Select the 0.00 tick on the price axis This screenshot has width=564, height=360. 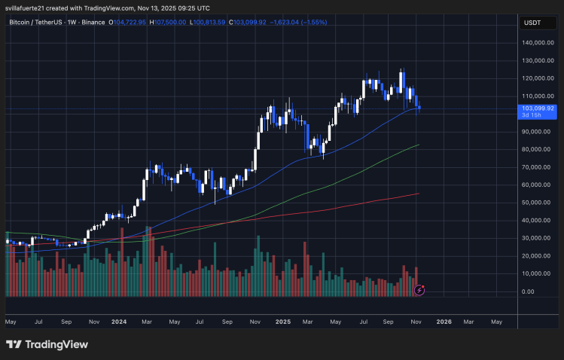point(527,291)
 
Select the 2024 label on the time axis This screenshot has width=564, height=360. point(118,321)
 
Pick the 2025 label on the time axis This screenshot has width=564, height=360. point(282,321)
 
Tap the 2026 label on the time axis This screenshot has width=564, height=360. point(444,321)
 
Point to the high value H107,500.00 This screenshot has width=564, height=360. point(168,23)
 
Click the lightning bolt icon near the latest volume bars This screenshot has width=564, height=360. point(419,289)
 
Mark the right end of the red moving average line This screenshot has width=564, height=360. point(419,194)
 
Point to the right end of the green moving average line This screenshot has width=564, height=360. point(419,145)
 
